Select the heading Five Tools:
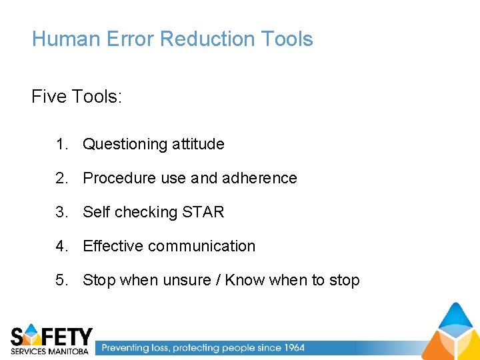tap(77, 97)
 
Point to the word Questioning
tap(125, 145)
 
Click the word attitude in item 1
tap(198, 144)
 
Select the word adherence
tap(259, 178)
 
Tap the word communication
tap(201, 246)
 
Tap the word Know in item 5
tap(245, 280)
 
